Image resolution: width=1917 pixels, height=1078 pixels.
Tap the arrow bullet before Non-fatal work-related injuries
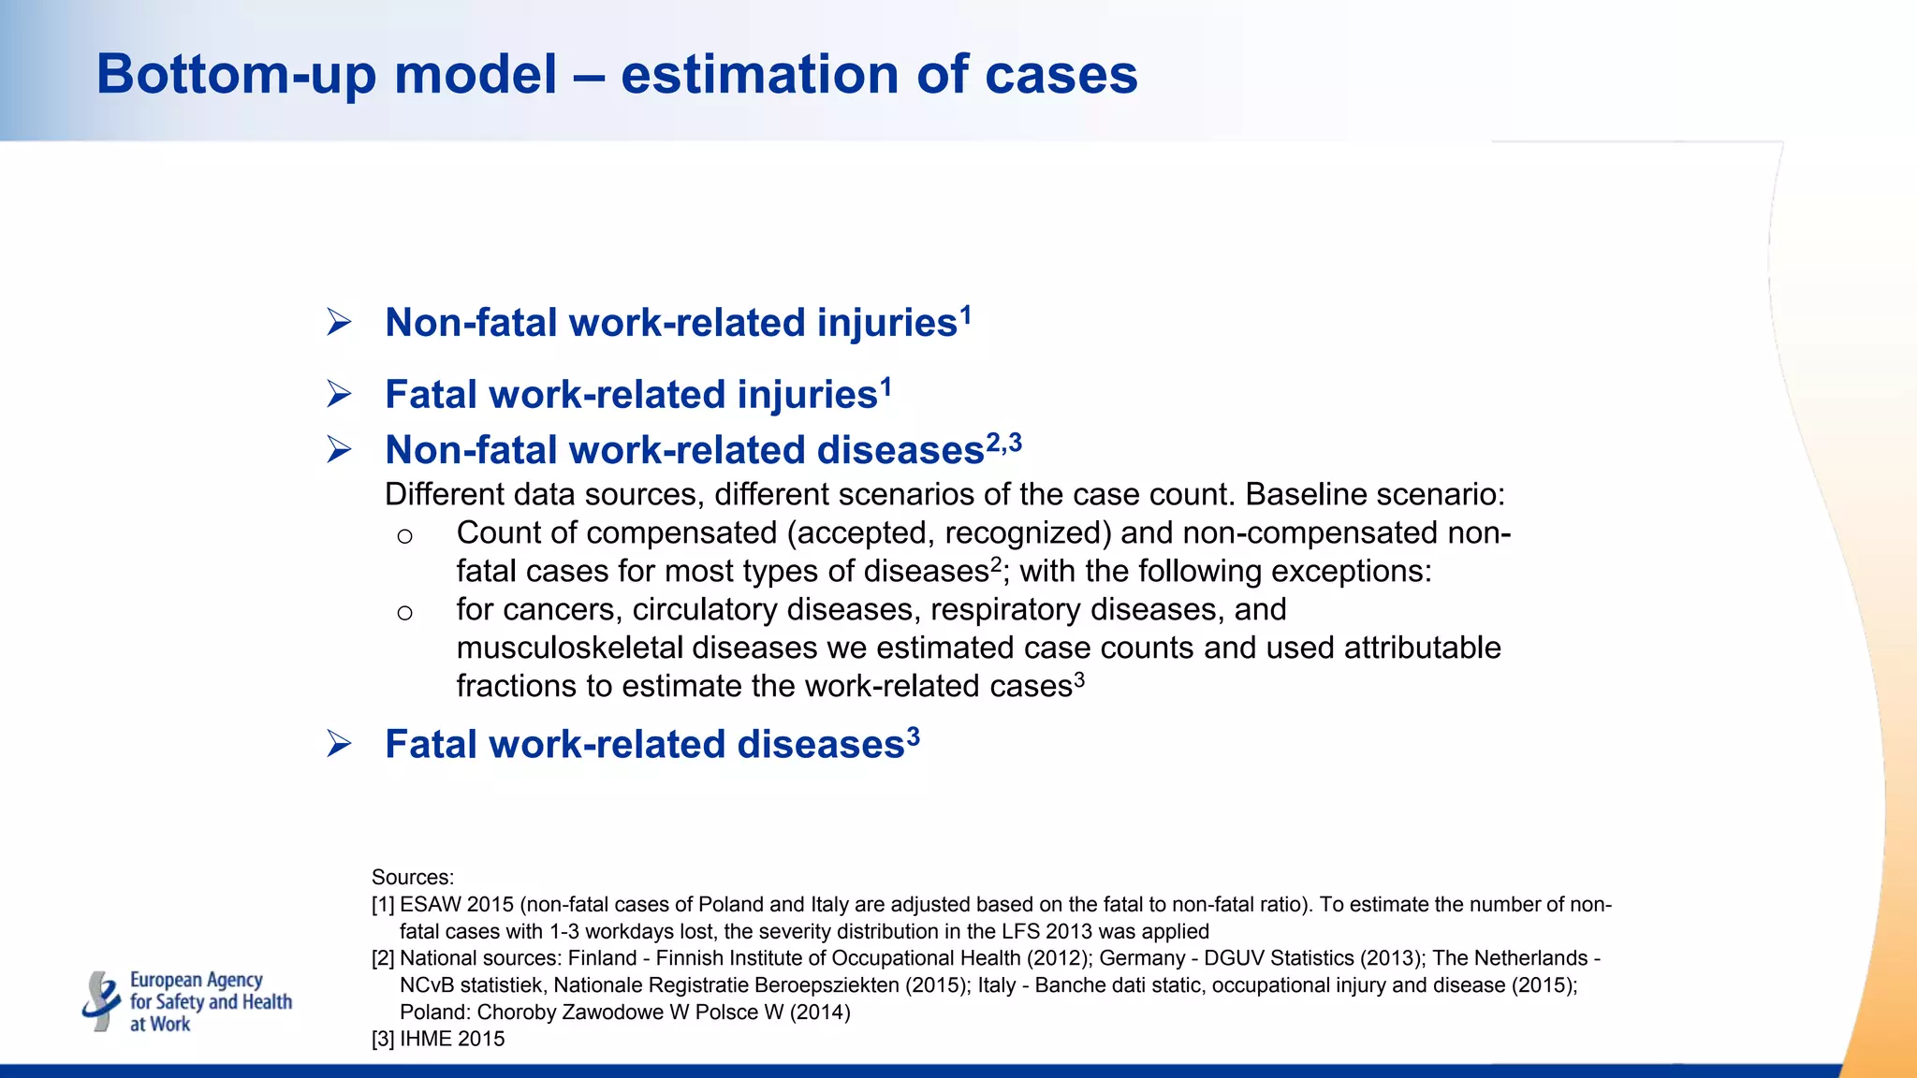(x=339, y=323)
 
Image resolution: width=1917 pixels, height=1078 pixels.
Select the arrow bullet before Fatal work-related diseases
(x=339, y=745)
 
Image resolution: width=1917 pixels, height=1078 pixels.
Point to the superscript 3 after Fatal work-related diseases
(x=913, y=737)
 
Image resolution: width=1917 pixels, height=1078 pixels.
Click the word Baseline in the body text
(x=1305, y=494)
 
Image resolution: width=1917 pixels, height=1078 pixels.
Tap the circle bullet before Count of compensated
(x=404, y=536)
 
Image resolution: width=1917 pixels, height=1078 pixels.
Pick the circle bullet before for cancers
(x=404, y=613)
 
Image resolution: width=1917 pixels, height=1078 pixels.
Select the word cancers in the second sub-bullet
(x=562, y=610)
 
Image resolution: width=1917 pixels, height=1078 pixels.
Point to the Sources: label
(x=412, y=878)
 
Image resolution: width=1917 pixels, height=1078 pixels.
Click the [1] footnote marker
(x=383, y=905)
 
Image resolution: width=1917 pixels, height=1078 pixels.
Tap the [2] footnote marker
(x=383, y=958)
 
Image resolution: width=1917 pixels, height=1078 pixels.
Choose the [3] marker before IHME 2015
(x=383, y=1039)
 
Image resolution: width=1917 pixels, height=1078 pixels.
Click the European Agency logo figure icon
(x=101, y=1001)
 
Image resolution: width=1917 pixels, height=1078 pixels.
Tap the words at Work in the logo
(x=160, y=1025)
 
